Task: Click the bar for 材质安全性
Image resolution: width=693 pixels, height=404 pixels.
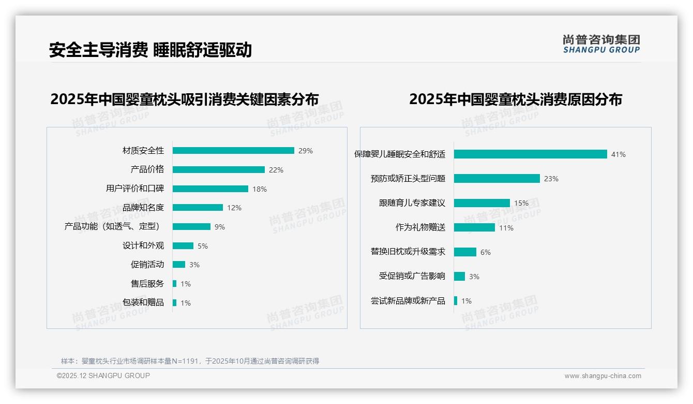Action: tap(233, 151)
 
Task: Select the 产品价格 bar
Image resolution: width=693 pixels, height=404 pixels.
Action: tap(218, 170)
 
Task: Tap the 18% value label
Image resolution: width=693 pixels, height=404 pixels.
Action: tap(260, 189)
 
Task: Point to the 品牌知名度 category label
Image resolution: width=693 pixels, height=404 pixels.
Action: tap(143, 208)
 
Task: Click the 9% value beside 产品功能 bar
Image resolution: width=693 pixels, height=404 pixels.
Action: tap(220, 227)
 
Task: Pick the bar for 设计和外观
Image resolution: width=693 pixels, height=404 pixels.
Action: tap(183, 246)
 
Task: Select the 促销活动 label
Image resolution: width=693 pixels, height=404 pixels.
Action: tap(147, 265)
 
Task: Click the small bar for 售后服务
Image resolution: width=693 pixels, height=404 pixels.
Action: tap(175, 284)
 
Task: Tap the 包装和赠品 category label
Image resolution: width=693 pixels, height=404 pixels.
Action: tap(143, 302)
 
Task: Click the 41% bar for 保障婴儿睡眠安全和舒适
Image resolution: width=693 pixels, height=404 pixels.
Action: tap(530, 154)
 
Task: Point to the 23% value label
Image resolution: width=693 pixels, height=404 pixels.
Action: tap(551, 179)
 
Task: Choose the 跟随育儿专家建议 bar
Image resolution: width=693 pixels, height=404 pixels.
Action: tap(482, 203)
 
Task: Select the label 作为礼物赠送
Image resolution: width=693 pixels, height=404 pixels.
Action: tap(420, 227)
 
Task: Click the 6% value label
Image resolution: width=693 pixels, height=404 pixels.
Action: tap(486, 252)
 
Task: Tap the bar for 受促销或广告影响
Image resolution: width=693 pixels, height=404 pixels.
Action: tap(460, 277)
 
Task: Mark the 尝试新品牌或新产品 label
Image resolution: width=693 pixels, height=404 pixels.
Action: tap(408, 301)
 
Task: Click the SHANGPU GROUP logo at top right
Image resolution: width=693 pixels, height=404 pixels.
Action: tap(601, 44)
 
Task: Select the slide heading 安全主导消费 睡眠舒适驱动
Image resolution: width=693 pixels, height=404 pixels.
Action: tap(150, 50)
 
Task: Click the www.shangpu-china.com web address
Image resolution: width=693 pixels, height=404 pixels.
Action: tap(602, 376)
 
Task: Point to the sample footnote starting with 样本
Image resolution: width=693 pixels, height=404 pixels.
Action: tap(190, 361)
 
